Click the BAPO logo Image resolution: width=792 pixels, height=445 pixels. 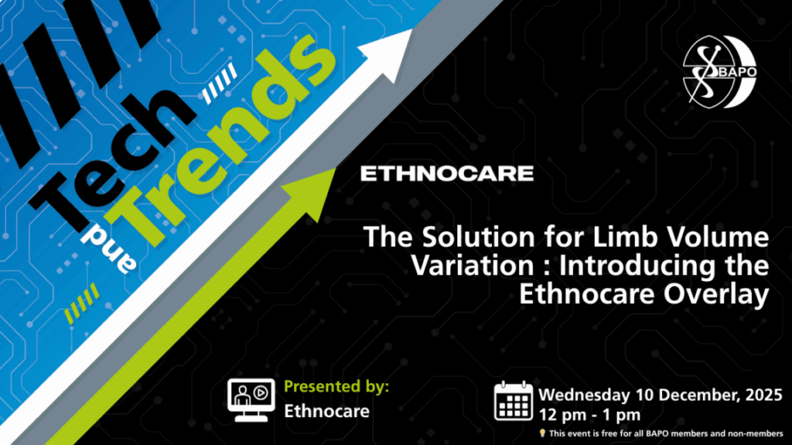click(719, 72)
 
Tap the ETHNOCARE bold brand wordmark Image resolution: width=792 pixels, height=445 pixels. click(447, 174)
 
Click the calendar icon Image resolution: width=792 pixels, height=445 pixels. click(514, 402)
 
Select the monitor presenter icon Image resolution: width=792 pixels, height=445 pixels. click(251, 400)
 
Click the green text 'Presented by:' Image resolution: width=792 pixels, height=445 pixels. click(336, 387)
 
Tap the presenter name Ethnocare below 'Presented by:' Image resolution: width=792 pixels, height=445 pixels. click(326, 411)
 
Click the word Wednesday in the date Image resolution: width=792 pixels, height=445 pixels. click(584, 395)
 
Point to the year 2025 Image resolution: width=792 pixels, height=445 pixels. click(763, 394)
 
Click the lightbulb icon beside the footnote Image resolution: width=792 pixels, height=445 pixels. click(542, 433)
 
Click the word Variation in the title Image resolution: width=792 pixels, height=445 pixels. click(473, 266)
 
